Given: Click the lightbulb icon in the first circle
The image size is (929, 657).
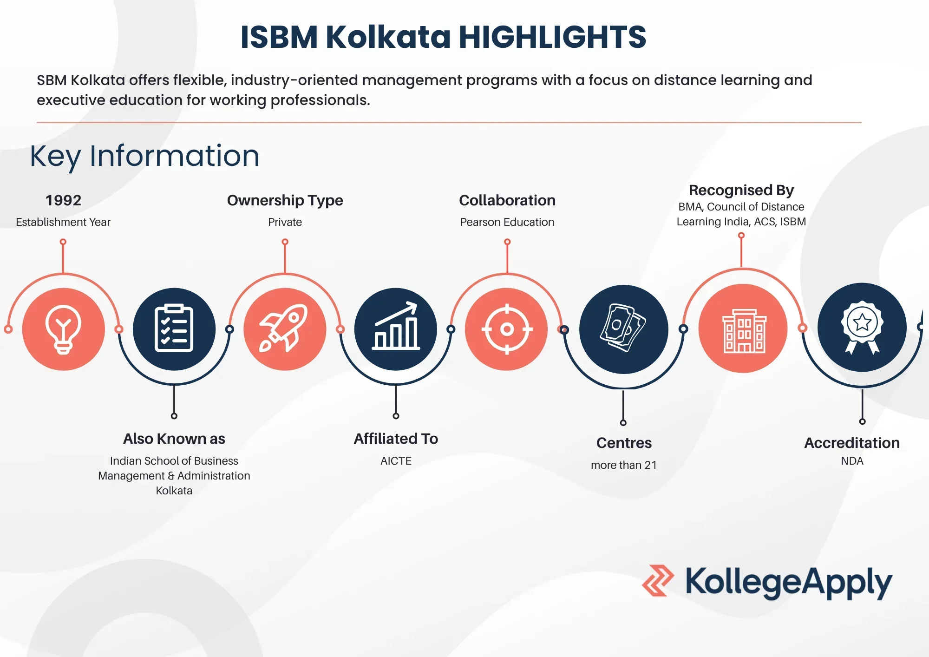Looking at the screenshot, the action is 63,329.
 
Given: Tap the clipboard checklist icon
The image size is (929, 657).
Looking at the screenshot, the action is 174,328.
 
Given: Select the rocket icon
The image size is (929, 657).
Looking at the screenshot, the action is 284,328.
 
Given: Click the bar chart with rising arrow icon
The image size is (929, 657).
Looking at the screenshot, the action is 396,326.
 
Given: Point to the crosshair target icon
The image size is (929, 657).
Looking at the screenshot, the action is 507,329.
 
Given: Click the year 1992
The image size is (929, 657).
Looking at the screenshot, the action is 63,200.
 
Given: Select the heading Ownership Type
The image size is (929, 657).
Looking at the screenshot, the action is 285,200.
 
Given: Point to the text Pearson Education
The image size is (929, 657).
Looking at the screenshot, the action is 507,222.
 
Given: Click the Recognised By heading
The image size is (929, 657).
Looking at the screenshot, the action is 741,190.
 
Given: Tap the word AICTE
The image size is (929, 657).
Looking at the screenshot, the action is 396,461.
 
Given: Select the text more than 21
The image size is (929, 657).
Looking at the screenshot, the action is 624,465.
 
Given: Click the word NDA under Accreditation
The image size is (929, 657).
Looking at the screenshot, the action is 852,461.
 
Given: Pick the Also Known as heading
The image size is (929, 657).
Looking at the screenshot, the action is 174,439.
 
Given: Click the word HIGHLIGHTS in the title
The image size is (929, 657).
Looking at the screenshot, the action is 552,37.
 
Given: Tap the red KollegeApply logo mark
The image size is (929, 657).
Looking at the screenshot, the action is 657,580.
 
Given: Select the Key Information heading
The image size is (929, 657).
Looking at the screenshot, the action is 144,156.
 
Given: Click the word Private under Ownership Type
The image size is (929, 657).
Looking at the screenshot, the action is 285,222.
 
